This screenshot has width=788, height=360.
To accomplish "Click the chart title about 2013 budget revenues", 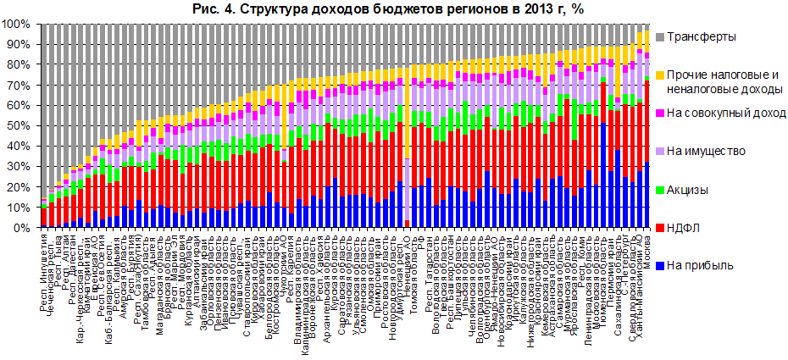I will pyautogui.click(x=393, y=9).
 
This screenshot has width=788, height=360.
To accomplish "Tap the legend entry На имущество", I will pyautogui.click(x=707, y=152).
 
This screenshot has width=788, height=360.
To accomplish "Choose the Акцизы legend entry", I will pyautogui.click(x=690, y=189).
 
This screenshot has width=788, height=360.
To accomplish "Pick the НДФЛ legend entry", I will pyautogui.click(x=685, y=227).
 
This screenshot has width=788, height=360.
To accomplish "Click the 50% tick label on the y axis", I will pyautogui.click(x=20, y=126).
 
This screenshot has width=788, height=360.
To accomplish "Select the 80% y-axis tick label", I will pyautogui.click(x=20, y=64).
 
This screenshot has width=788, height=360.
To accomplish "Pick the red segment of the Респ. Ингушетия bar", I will pyautogui.click(x=44, y=217).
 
